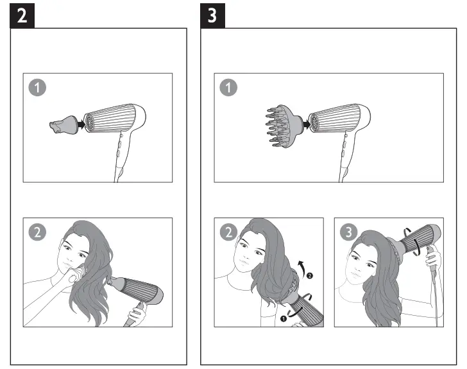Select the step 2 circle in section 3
(228, 232)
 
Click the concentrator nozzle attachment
(62, 124)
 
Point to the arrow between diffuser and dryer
(305, 121)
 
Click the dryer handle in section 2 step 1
(120, 154)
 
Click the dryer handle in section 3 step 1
(343, 154)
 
